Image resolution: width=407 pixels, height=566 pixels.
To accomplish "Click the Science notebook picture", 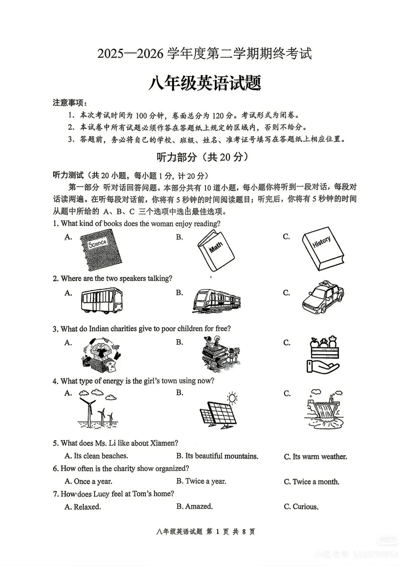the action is pyautogui.click(x=101, y=250).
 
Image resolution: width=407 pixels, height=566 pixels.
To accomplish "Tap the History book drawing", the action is pyautogui.click(x=323, y=248).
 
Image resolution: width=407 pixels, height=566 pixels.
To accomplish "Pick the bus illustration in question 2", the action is pyautogui.click(x=102, y=300).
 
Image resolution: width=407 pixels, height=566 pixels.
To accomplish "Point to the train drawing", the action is pyautogui.click(x=217, y=301).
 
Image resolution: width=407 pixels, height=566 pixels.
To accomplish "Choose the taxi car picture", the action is pyautogui.click(x=323, y=297).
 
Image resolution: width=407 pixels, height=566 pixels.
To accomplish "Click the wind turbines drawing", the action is pyautogui.click(x=97, y=409).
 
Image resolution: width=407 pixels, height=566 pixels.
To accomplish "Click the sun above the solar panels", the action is pyautogui.click(x=232, y=398).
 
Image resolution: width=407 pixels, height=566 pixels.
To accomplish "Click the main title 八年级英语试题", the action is pyautogui.click(x=205, y=83).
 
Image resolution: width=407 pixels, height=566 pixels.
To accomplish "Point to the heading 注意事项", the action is pyautogui.click(x=68, y=102).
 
